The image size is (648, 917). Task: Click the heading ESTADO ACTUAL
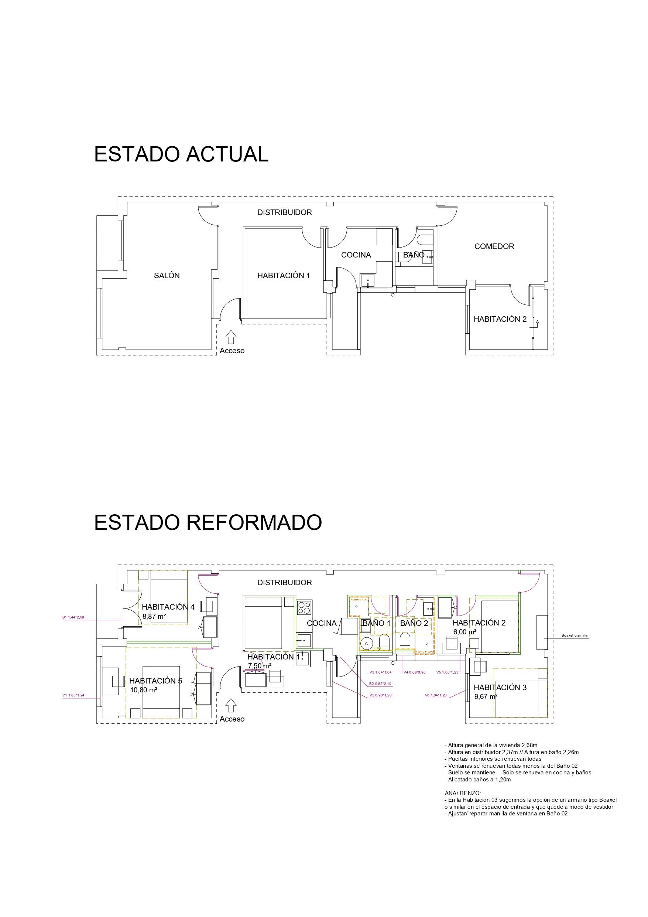click(x=181, y=154)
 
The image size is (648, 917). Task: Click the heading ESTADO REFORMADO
click(x=208, y=522)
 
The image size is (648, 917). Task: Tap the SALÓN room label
click(x=167, y=275)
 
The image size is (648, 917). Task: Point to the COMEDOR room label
click(x=494, y=246)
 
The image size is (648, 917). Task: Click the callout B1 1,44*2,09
click(x=73, y=617)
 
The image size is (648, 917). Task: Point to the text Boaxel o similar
click(x=575, y=635)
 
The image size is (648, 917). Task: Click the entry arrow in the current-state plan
click(x=230, y=337)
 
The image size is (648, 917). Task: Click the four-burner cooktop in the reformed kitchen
click(x=304, y=607)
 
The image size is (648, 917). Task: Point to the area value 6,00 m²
click(x=464, y=632)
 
